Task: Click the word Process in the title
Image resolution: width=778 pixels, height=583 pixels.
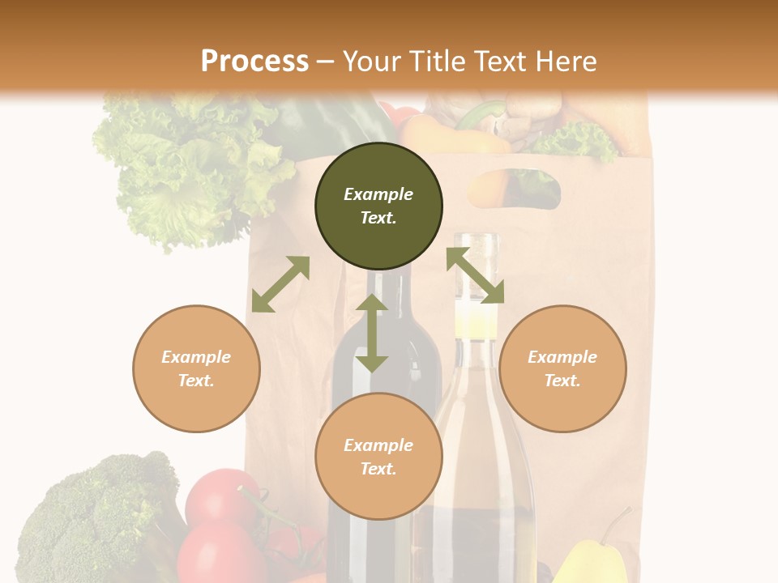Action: (x=254, y=62)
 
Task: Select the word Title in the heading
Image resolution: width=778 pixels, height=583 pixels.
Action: (x=438, y=62)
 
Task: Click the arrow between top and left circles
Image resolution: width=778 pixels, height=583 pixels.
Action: (x=280, y=284)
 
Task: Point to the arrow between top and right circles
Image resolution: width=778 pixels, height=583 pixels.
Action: (x=475, y=275)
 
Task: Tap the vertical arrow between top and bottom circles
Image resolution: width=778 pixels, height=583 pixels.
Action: (x=372, y=333)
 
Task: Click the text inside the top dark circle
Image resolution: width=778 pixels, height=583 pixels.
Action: (x=378, y=206)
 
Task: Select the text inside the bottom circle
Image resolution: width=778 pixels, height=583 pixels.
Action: (x=378, y=457)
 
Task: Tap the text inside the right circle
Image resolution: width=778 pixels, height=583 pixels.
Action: (x=562, y=368)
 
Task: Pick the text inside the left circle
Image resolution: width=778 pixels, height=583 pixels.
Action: (x=196, y=368)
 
